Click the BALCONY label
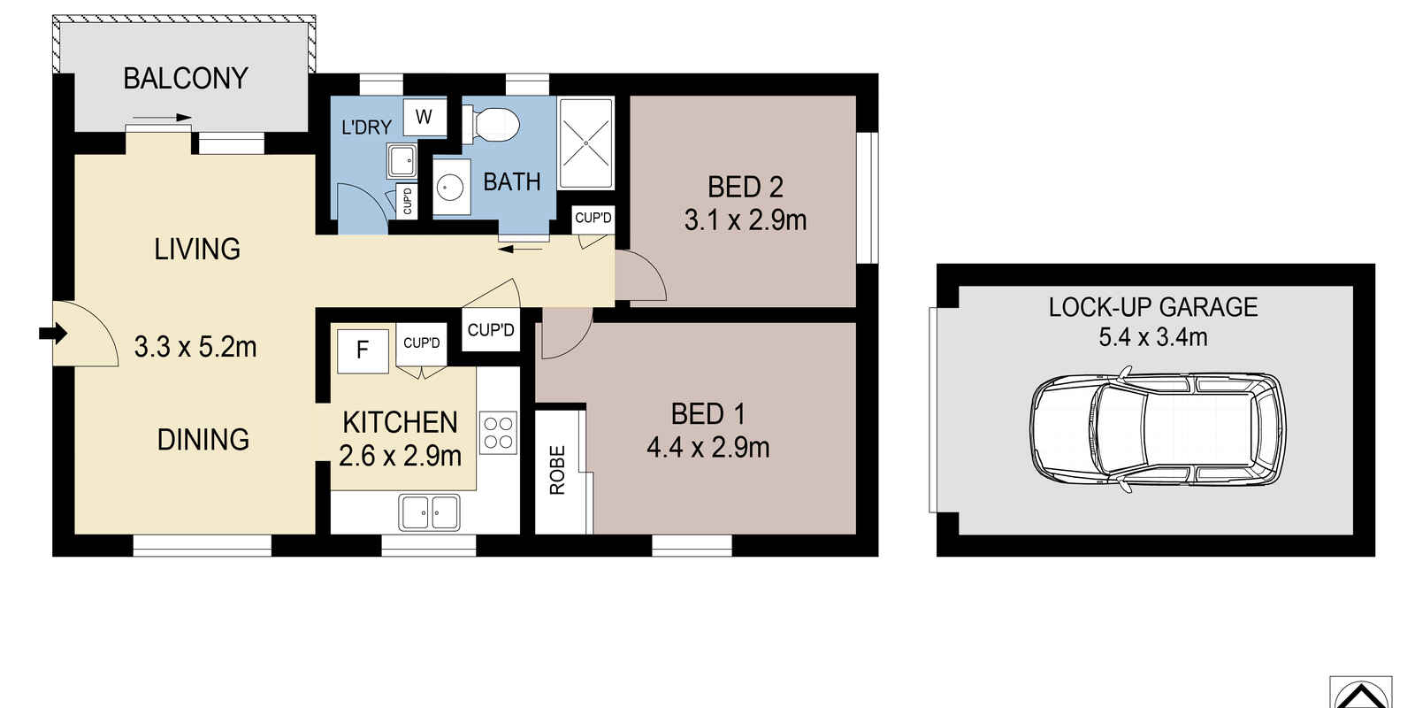tap(185, 79)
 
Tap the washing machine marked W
tap(424, 117)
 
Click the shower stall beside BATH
tap(585, 142)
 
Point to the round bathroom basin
tap(452, 188)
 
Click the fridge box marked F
tap(363, 350)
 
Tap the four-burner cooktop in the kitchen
tap(498, 434)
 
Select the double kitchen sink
tap(429, 512)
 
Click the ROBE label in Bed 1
tap(557, 470)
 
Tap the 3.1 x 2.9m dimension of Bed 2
tap(746, 219)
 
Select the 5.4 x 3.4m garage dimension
tap(1152, 337)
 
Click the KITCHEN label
tap(400, 423)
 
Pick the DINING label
tap(203, 440)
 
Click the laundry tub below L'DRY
tap(402, 161)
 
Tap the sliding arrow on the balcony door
tap(162, 117)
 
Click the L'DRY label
tap(366, 127)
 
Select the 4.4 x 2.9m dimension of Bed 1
tap(707, 448)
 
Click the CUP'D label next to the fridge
tap(422, 343)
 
